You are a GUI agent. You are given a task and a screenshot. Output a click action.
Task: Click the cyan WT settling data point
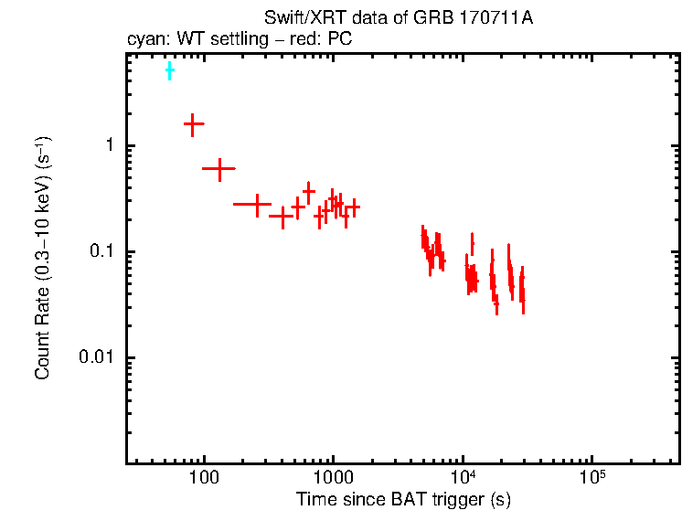(169, 70)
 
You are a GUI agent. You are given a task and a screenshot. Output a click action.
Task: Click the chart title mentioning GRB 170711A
(385, 20)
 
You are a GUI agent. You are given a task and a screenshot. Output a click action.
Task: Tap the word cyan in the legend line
(144, 39)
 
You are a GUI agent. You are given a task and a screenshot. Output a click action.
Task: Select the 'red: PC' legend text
(321, 39)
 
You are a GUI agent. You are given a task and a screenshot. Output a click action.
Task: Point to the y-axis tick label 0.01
(96, 358)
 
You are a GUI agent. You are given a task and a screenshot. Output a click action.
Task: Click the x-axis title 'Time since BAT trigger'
(403, 499)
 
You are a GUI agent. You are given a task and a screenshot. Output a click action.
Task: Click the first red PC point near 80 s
(193, 123)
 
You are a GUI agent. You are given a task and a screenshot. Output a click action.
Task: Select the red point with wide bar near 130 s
(219, 169)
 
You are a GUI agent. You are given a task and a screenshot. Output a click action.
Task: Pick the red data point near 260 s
(257, 204)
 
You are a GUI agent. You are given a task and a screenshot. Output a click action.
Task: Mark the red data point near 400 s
(282, 217)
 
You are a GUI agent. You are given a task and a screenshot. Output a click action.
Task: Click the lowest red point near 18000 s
(496, 306)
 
